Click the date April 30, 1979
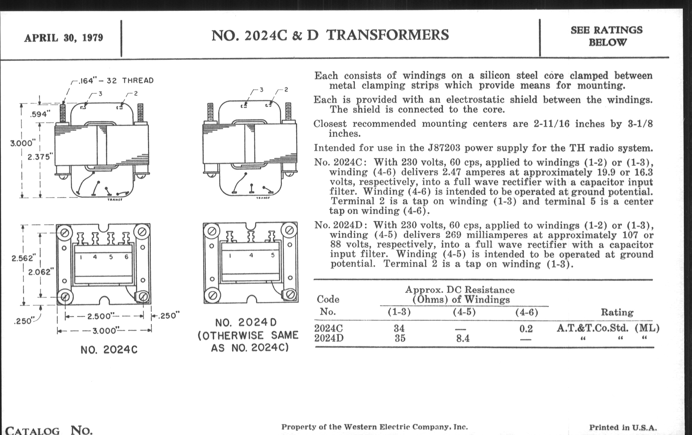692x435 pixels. [x=63, y=38]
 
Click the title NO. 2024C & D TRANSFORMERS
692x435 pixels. [x=330, y=35]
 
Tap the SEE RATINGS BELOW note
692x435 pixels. [x=606, y=36]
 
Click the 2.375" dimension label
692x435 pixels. [x=40, y=157]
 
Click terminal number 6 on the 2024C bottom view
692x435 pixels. [x=126, y=257]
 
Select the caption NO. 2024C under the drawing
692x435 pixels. [x=109, y=350]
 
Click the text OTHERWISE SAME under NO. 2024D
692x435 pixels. [x=248, y=335]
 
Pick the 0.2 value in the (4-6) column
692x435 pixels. [x=526, y=328]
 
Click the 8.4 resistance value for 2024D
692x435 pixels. [x=463, y=339]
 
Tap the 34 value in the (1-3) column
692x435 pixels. [x=399, y=328]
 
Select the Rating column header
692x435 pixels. [x=617, y=312]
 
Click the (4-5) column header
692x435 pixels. [x=464, y=312]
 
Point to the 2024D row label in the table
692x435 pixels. [x=329, y=338]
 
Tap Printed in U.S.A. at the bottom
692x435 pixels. [x=623, y=428]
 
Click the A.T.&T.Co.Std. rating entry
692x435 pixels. [x=592, y=328]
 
